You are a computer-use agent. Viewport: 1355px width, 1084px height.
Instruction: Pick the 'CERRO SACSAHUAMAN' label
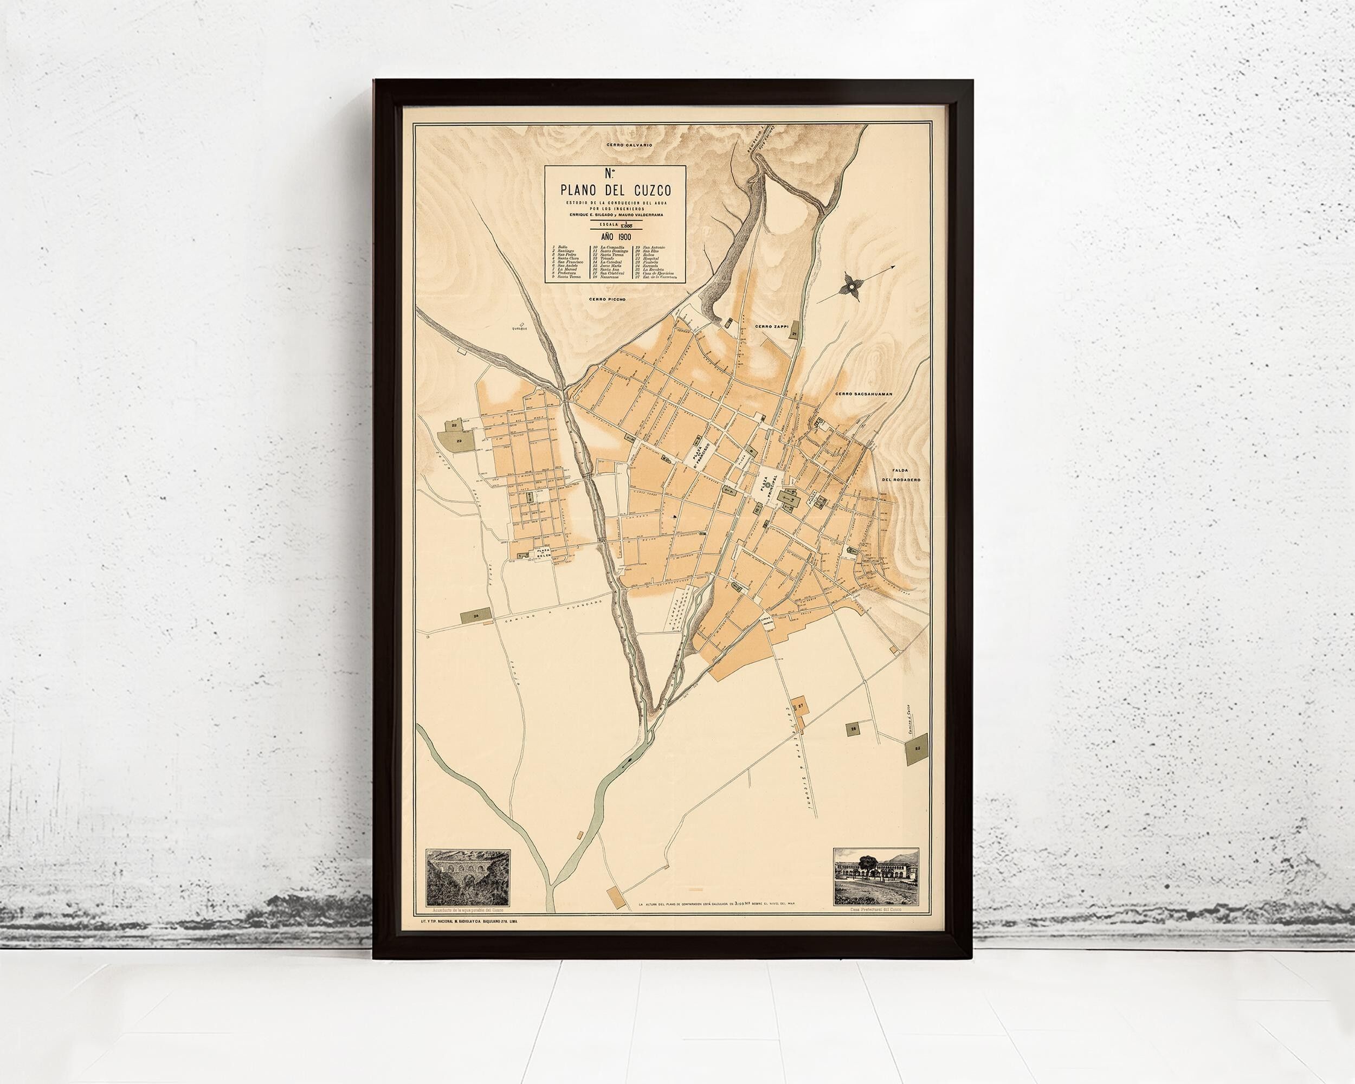tap(864, 394)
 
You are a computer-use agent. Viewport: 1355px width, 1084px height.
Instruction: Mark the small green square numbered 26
tap(853, 746)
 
